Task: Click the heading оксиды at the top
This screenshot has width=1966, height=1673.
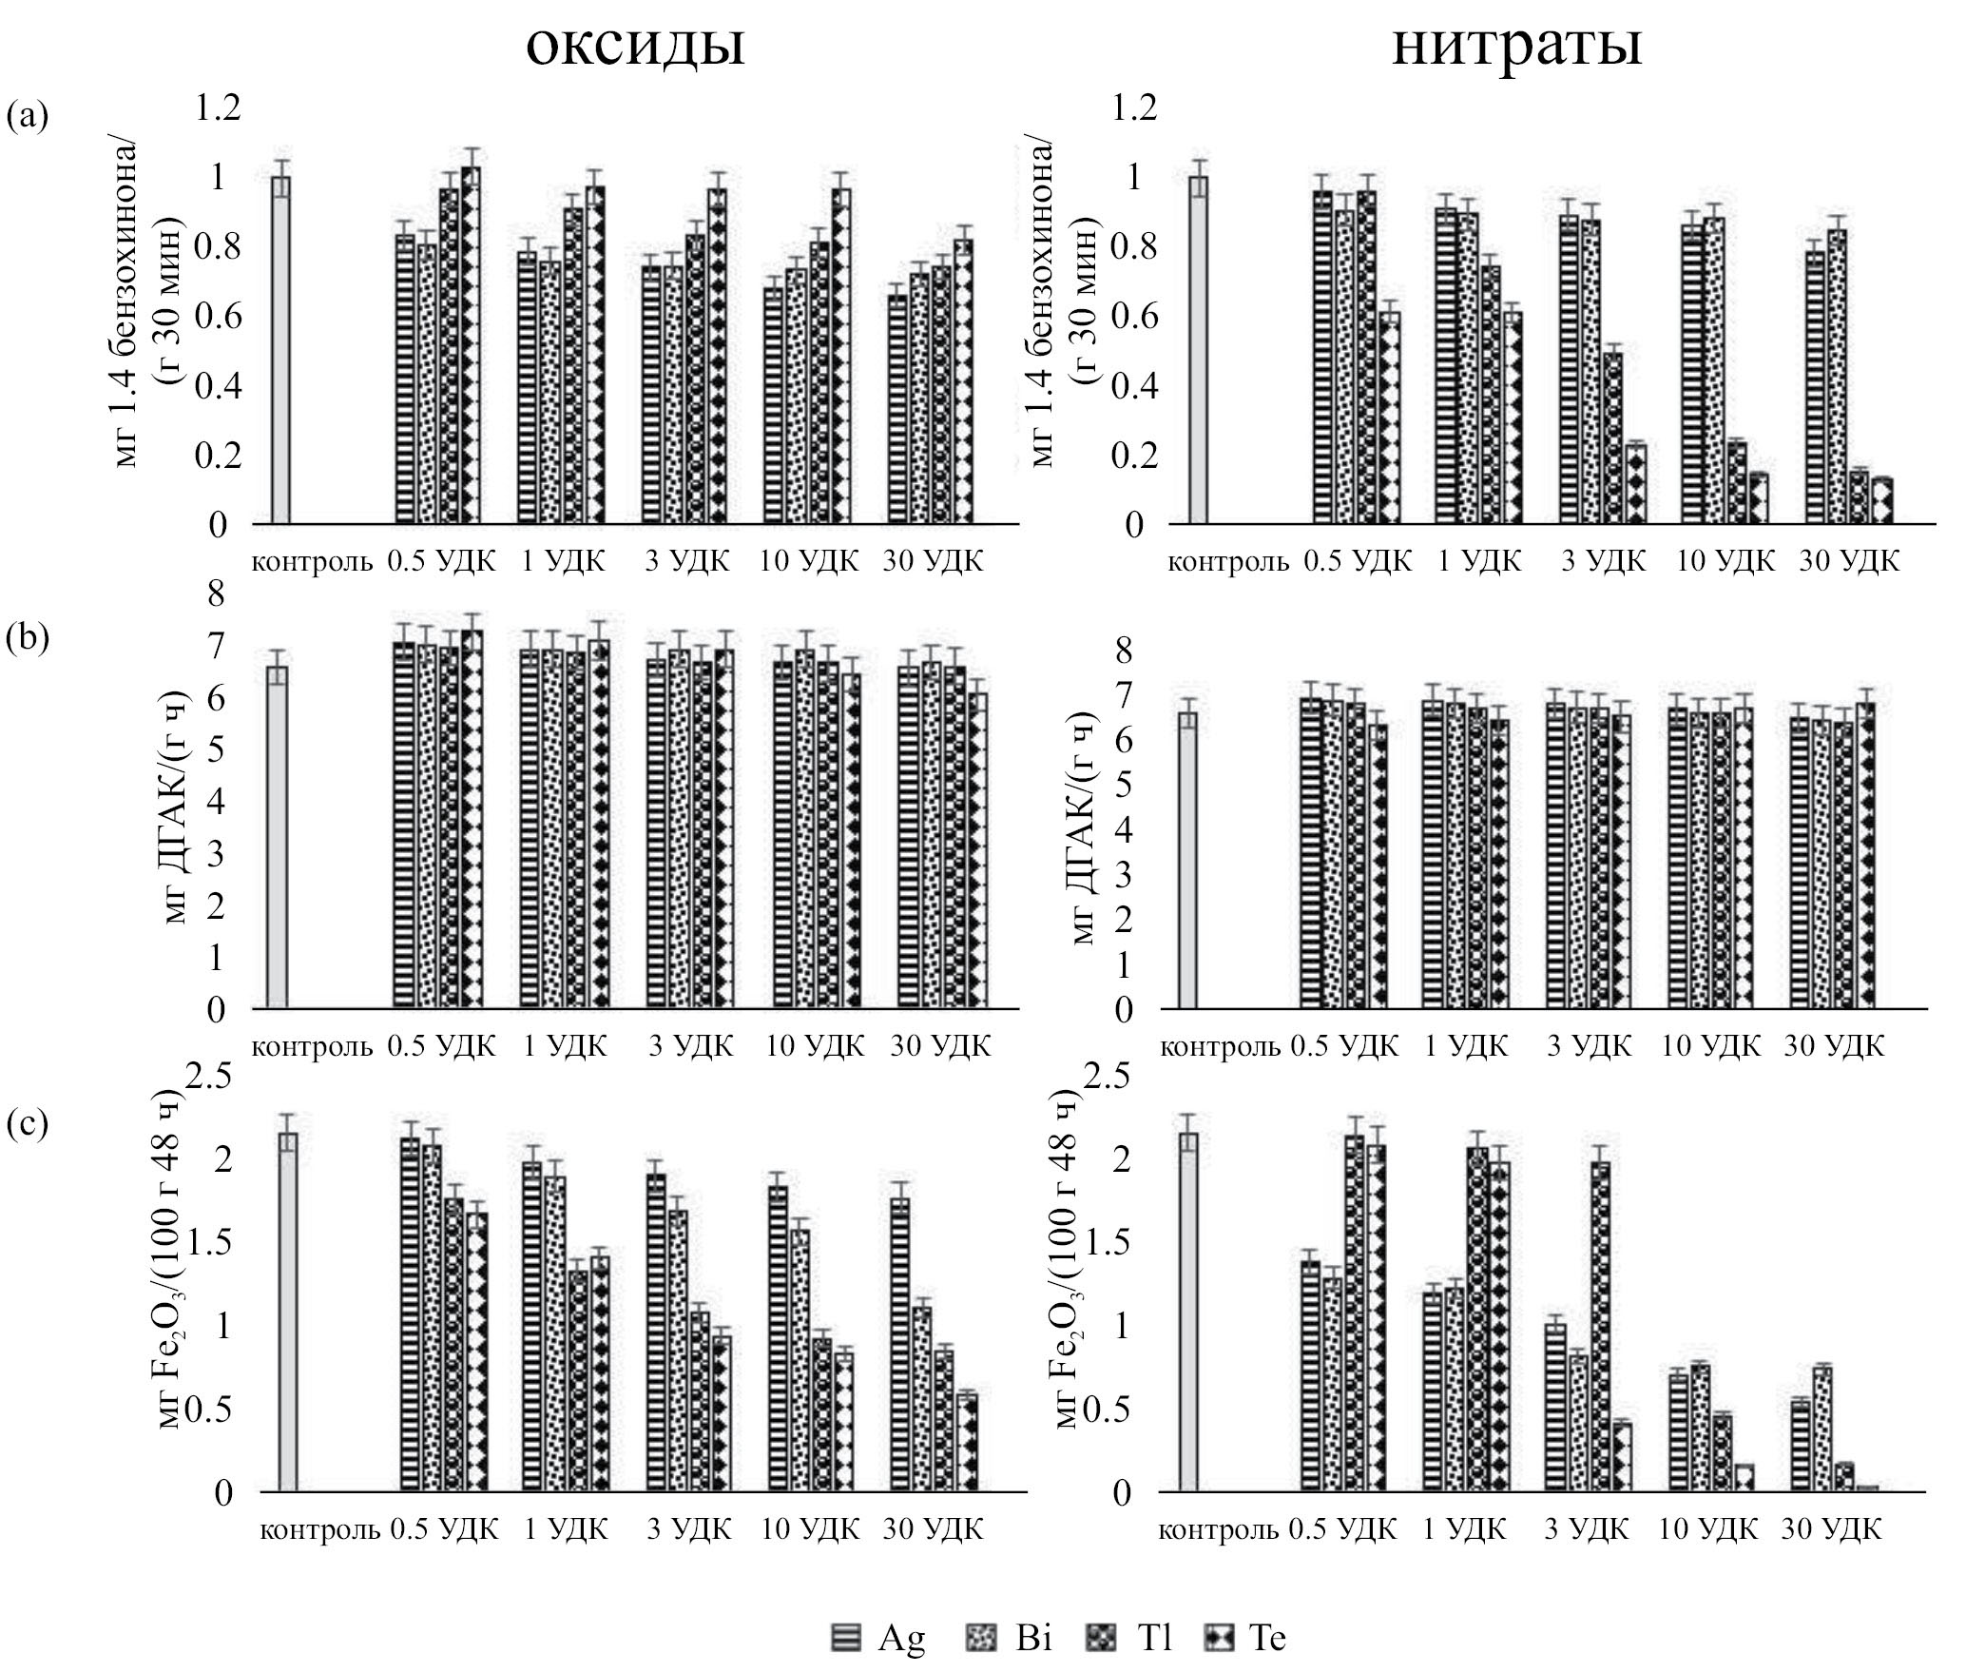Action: (635, 45)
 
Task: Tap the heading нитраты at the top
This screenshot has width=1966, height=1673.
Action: (1516, 45)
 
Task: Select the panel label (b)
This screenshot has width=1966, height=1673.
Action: (27, 639)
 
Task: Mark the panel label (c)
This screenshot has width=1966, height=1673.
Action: (27, 1124)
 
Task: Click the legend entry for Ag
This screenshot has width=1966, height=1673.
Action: (877, 1638)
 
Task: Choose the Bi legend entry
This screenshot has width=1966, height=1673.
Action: (1010, 1638)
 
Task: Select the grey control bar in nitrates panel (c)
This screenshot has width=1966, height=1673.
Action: (1187, 1313)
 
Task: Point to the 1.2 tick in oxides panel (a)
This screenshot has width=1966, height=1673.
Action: (218, 108)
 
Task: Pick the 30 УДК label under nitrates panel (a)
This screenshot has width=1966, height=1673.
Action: (1849, 561)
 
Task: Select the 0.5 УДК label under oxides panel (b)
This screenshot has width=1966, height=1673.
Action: (441, 1046)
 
